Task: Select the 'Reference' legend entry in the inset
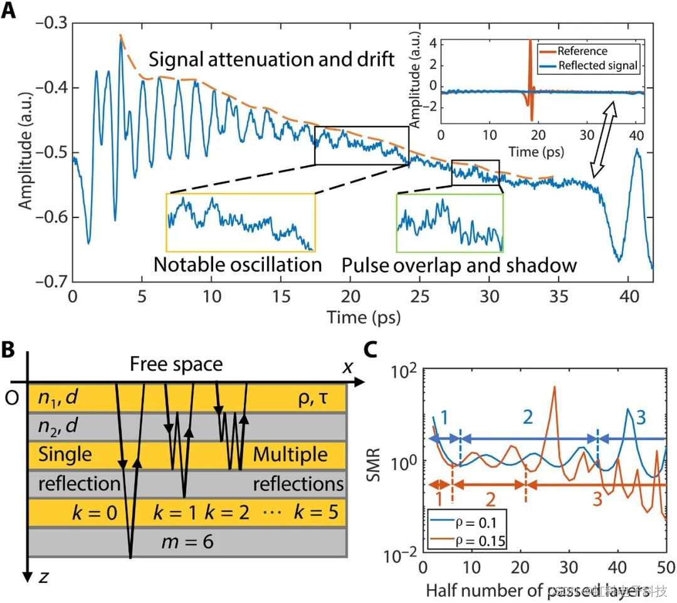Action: pyautogui.click(x=582, y=51)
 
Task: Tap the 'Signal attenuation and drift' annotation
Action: pyautogui.click(x=271, y=61)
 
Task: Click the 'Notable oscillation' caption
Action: pyautogui.click(x=238, y=265)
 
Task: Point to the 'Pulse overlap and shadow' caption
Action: pyautogui.click(x=459, y=265)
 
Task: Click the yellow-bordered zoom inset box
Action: pyautogui.click(x=240, y=221)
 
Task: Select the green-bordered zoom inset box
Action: pyautogui.click(x=449, y=222)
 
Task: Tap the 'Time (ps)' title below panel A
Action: pyautogui.click(x=363, y=317)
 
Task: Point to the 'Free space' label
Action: pyautogui.click(x=176, y=364)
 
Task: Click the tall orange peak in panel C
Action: pyautogui.click(x=554, y=389)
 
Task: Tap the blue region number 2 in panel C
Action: pyautogui.click(x=528, y=415)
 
